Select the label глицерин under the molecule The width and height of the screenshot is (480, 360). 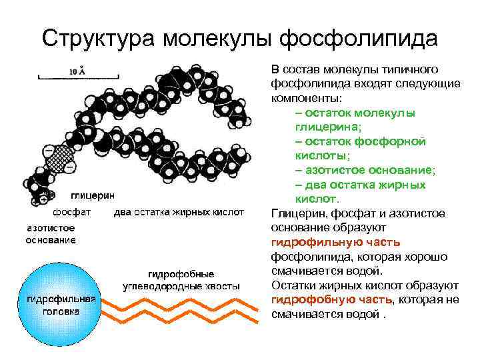[93, 196]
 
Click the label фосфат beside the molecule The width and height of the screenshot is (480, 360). [69, 213]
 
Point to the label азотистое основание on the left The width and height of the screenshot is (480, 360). [51, 233]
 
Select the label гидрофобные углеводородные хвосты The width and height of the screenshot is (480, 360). [181, 279]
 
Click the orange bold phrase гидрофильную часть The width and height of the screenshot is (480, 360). [336, 242]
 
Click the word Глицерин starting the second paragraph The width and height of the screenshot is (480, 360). [296, 213]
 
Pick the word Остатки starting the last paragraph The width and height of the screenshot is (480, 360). [293, 285]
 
